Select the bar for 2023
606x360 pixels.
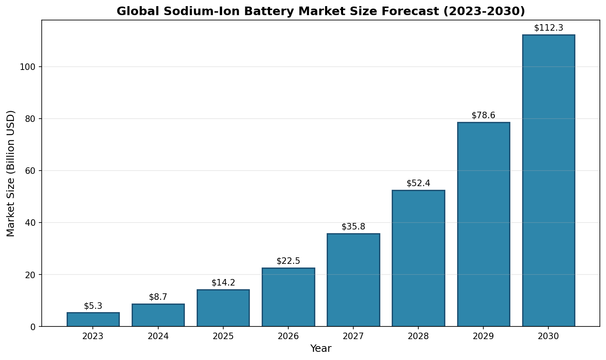(93, 319)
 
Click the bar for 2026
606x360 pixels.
(288, 297)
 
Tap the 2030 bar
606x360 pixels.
(548, 180)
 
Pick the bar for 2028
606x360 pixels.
(418, 258)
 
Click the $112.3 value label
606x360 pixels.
(548, 28)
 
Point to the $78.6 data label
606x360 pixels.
(483, 115)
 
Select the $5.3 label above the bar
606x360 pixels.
(93, 306)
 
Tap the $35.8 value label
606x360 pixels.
(353, 227)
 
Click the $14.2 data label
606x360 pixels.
(223, 283)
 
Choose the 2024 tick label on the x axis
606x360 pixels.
(158, 337)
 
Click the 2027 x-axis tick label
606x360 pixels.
(353, 337)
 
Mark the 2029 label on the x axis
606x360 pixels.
(483, 337)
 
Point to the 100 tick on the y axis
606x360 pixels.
(28, 67)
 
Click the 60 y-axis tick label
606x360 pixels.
(30, 171)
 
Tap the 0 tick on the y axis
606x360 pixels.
(33, 326)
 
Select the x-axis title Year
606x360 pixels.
(321, 349)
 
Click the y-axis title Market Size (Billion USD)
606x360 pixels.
(11, 173)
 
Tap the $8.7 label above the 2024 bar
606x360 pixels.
(158, 297)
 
